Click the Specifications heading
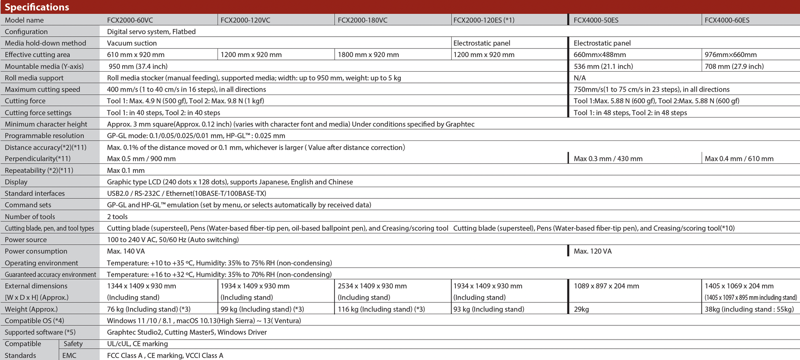click(37, 7)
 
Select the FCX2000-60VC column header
click(130, 20)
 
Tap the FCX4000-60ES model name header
click(727, 20)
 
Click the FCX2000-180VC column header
click(362, 20)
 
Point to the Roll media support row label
click(34, 78)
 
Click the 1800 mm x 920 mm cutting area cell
click(368, 55)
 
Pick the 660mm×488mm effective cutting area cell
click(600, 55)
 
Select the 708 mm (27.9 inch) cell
click(734, 66)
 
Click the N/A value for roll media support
click(580, 78)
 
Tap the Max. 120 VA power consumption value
click(592, 251)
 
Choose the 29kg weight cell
click(581, 309)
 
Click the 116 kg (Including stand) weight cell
click(381, 309)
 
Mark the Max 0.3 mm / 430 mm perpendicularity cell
click(608, 159)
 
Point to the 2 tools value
click(117, 217)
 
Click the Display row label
click(16, 182)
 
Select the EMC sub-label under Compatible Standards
click(69, 355)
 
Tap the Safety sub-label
click(73, 344)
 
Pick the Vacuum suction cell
click(132, 43)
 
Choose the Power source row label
click(26, 240)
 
